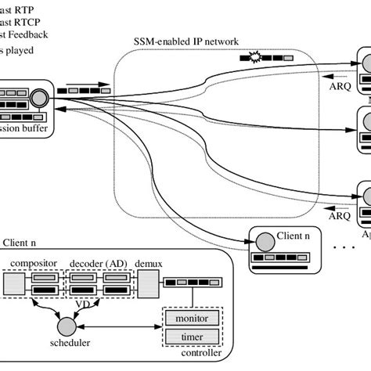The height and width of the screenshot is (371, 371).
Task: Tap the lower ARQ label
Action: pos(339,212)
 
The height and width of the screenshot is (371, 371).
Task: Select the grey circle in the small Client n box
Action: pos(263,240)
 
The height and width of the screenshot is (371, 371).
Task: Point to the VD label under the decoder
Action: pos(92,303)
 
